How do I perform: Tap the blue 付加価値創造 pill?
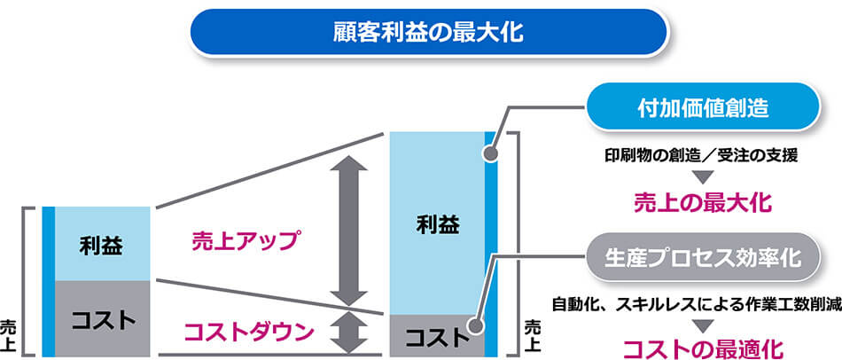click(702, 110)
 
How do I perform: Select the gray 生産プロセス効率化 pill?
click(702, 259)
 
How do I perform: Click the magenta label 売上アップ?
click(246, 239)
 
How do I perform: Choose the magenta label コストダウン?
click(249, 333)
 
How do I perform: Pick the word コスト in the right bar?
click(434, 337)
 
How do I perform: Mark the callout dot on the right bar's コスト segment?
click(478, 325)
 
